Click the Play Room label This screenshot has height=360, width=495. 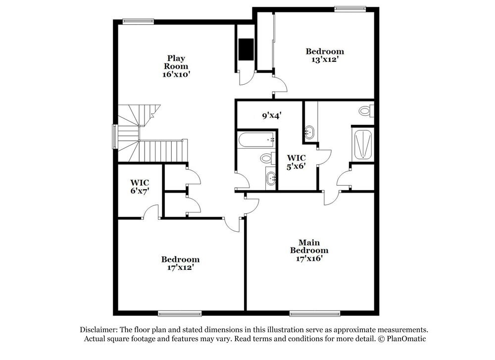coord(176,62)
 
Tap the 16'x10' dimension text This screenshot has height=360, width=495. coord(176,74)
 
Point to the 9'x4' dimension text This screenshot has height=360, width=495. coord(271,116)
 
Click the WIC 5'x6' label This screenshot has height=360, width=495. coord(297,162)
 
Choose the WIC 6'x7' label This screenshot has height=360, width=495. coord(140,186)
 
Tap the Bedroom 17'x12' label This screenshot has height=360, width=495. coord(180,263)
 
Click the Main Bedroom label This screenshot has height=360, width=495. coord(309,246)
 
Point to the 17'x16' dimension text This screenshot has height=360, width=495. coord(309,258)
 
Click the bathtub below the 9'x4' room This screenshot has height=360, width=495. coord(256,140)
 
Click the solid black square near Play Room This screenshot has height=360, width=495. coord(246,49)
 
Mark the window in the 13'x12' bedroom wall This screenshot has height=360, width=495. coord(350,8)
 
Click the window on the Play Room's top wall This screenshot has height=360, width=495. coord(138,21)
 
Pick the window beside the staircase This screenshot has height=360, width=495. coord(115,137)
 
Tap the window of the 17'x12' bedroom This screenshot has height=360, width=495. coord(180,313)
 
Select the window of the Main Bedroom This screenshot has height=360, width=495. coord(315,313)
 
